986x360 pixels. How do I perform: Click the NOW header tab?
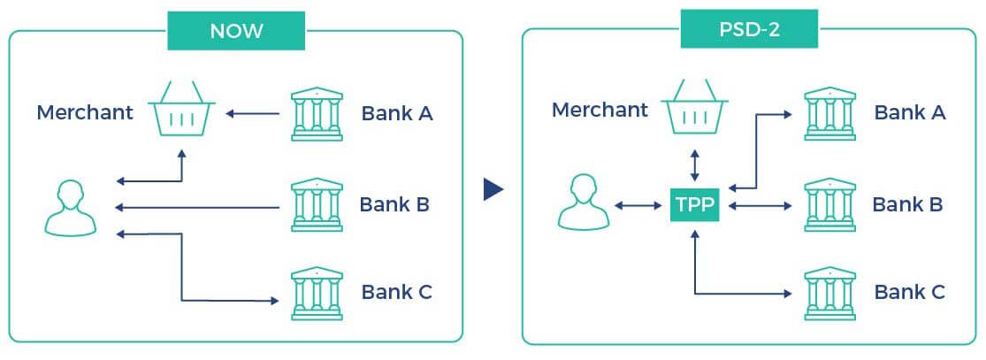[236, 31]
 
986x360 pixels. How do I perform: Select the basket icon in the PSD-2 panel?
[695, 108]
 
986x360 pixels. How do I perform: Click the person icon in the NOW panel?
[71, 209]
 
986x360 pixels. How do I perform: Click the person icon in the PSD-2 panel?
[584, 203]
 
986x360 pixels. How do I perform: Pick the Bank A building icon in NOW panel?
[316, 114]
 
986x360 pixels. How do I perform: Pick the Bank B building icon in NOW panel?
[316, 203]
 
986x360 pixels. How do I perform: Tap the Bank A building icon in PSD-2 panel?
[830, 112]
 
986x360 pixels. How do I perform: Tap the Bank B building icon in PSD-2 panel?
[830, 203]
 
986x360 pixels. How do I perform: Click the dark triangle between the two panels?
[493, 189]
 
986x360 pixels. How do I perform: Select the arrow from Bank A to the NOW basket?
[253, 113]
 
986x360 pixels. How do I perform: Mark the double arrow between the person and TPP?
[636, 207]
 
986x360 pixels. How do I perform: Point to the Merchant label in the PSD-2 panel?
[600, 110]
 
